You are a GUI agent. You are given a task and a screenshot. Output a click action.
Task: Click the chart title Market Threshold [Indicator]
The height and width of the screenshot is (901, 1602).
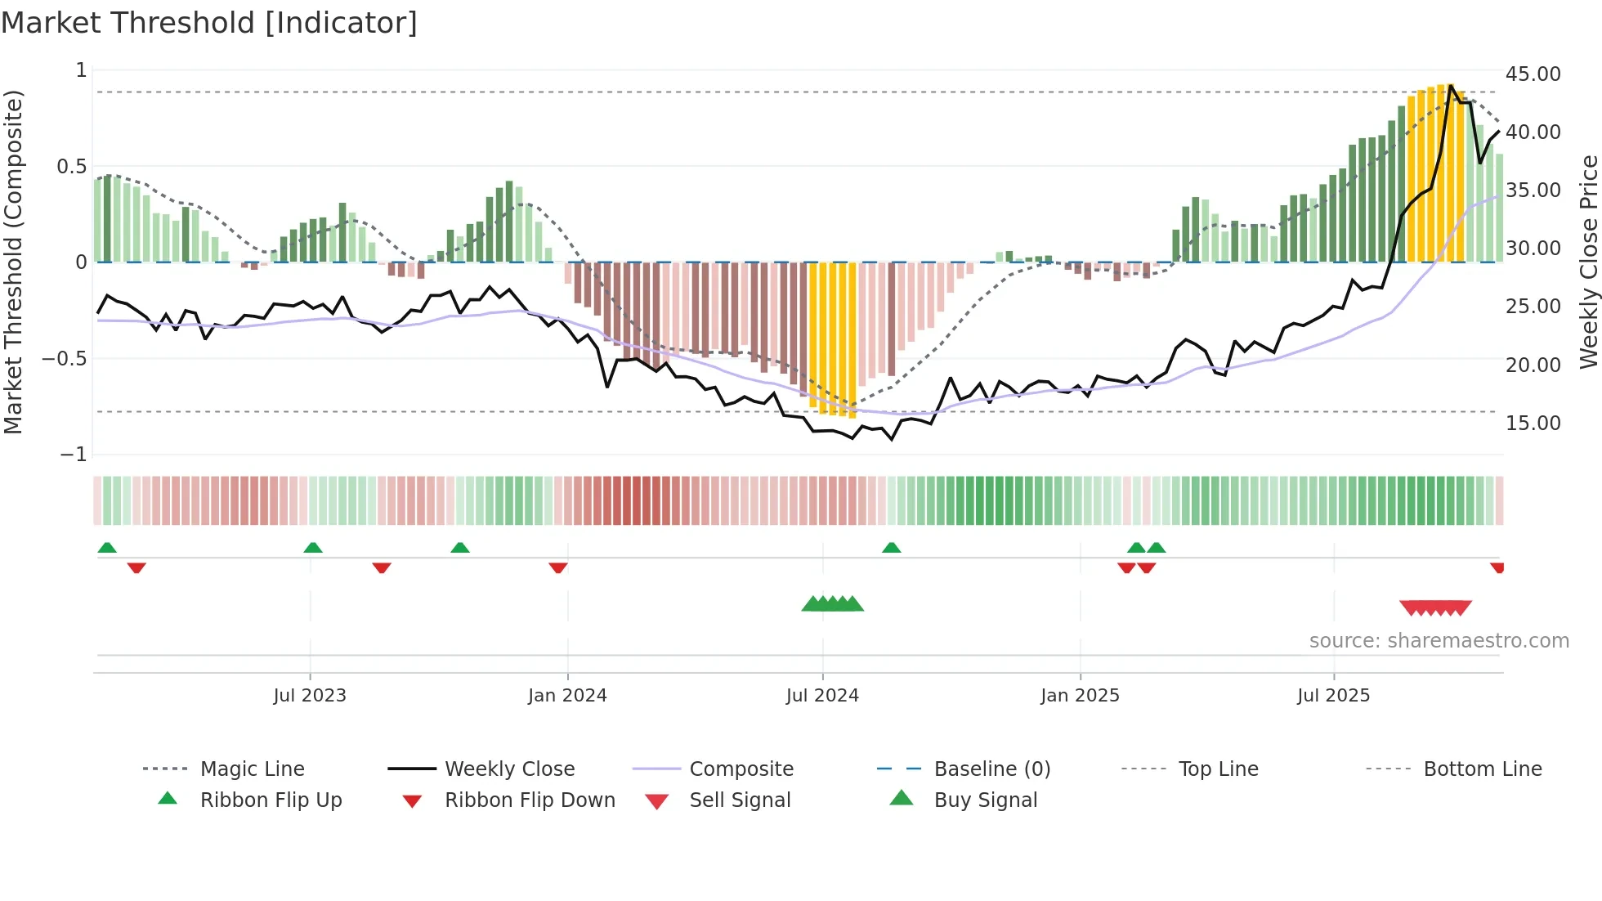[x=209, y=23]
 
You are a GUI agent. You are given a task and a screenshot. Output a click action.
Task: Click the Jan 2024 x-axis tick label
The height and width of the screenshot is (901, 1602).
[x=567, y=695]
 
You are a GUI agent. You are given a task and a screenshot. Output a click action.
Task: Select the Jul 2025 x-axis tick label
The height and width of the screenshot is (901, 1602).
[x=1333, y=695]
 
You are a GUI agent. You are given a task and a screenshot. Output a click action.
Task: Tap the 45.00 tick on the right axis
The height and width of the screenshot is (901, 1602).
[x=1533, y=74]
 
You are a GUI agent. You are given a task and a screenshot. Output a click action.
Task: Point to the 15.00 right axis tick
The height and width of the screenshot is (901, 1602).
[x=1533, y=423]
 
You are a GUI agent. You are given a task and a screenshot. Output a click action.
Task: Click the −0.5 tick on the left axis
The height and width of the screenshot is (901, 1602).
[x=64, y=359]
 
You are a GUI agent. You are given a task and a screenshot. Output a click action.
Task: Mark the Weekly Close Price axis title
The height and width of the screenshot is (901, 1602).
[x=1588, y=262]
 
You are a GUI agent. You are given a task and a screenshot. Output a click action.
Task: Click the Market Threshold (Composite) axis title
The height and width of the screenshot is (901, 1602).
[x=13, y=262]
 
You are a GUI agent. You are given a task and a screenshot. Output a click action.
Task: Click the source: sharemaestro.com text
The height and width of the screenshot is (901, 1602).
[x=1439, y=640]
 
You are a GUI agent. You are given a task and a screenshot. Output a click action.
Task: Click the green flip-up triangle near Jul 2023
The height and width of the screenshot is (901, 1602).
[x=313, y=548]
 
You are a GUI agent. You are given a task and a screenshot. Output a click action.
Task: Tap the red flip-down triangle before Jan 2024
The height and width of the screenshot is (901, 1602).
[x=558, y=567]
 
